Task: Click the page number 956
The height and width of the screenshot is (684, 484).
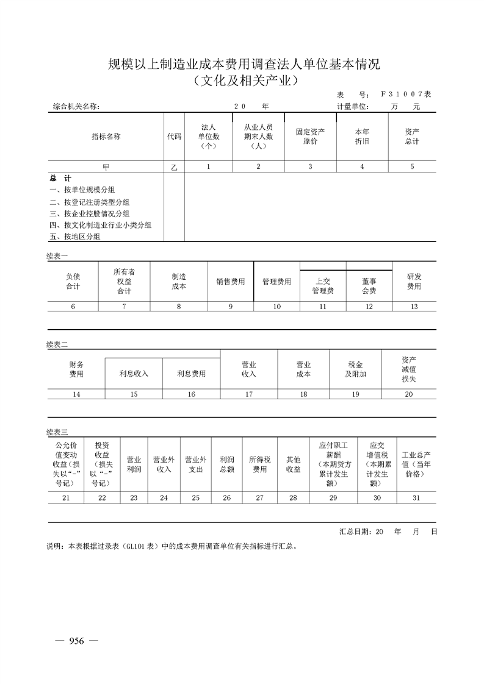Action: tap(76, 641)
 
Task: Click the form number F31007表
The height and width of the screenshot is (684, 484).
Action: tap(405, 94)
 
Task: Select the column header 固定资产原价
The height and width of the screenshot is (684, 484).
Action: tap(310, 137)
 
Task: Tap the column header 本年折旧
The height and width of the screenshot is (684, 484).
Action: tap(362, 137)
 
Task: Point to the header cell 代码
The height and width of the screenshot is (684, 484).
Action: tap(174, 137)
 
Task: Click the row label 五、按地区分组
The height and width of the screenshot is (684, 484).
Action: tap(75, 236)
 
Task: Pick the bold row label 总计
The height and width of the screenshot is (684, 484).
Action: tap(60, 179)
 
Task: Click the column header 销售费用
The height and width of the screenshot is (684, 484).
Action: tap(230, 282)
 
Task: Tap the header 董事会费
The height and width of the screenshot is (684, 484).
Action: tap(369, 286)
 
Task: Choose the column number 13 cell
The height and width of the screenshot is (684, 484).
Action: tap(414, 307)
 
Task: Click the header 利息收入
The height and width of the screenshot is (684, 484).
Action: tap(134, 374)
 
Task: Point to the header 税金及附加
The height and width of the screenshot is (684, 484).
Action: tap(355, 369)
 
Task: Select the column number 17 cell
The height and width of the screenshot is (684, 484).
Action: tap(248, 394)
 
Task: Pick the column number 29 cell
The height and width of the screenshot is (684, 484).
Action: tap(333, 498)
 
